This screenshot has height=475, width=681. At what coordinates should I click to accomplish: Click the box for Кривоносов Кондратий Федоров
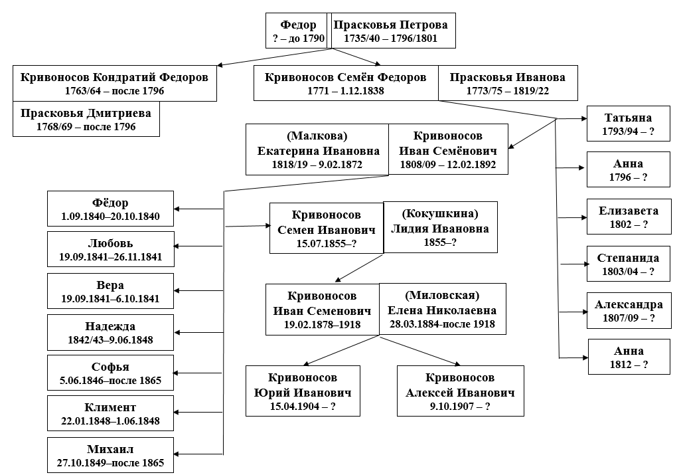click(114, 84)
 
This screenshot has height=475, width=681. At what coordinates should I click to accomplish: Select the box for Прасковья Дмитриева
click(86, 119)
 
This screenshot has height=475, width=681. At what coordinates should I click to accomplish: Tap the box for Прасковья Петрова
click(390, 31)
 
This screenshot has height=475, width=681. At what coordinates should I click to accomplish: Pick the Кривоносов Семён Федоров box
click(345, 84)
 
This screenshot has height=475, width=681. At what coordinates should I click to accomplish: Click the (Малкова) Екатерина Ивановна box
click(317, 150)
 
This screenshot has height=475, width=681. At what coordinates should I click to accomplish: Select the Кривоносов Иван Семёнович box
click(448, 150)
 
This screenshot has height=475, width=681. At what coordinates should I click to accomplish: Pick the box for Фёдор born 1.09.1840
click(111, 209)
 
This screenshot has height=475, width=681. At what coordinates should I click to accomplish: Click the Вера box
click(111, 291)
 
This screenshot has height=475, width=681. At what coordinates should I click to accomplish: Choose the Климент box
click(111, 413)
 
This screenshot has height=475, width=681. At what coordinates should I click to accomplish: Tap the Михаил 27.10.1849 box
click(111, 455)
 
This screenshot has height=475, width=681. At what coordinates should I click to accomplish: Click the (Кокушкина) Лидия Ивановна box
click(440, 228)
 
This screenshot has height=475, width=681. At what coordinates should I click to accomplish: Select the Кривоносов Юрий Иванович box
click(303, 391)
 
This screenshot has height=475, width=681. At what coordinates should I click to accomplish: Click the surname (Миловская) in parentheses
click(442, 296)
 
